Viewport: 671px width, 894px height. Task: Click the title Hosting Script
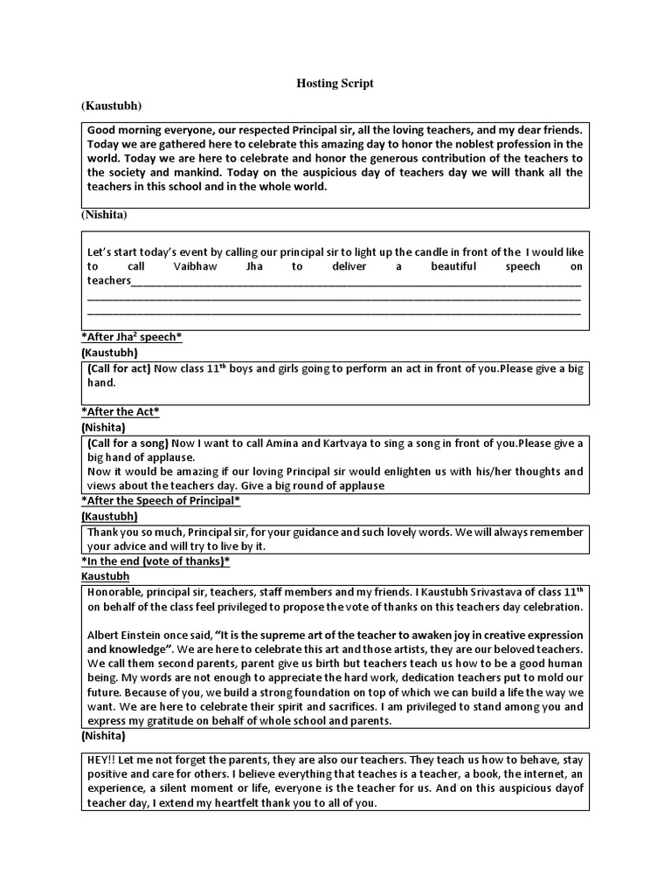coord(335,83)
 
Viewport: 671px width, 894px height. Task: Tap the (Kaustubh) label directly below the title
coord(112,106)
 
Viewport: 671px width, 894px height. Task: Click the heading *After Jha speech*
coord(131,337)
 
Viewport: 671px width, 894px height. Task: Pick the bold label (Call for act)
coord(119,368)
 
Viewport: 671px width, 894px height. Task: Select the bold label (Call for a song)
coord(128,444)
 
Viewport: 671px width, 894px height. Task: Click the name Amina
coord(287,444)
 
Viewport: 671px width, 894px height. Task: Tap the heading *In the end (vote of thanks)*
coord(156,560)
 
